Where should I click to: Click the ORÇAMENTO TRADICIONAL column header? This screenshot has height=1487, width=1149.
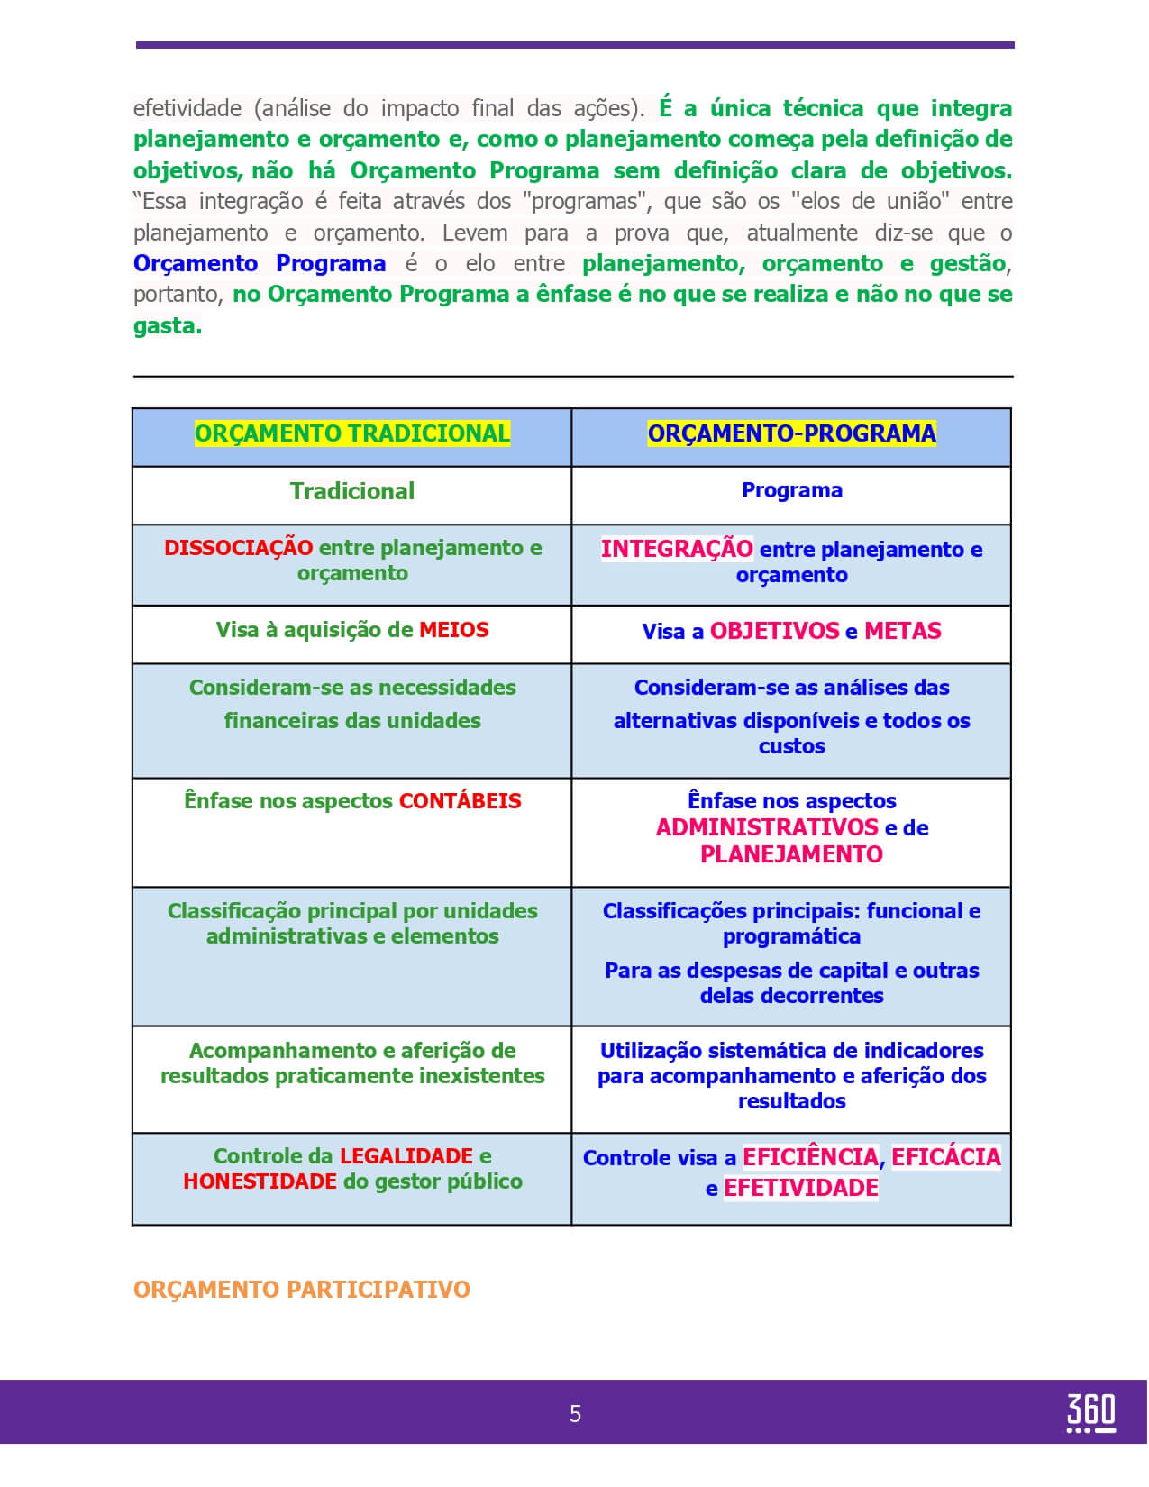coord(352,433)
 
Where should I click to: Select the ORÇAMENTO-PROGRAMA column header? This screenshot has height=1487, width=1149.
coord(791,433)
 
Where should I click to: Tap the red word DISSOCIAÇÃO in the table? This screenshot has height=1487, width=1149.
coord(238,548)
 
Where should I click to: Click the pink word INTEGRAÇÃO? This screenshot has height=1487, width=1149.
coord(677,549)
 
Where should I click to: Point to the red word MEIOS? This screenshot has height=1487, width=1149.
coord(454,630)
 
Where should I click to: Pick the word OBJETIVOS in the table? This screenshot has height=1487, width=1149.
coord(774,631)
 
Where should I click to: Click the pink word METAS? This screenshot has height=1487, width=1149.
coord(902,631)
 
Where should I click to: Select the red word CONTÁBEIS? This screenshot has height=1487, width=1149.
coord(460,801)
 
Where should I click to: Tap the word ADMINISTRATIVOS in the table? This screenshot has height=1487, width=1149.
coord(767,827)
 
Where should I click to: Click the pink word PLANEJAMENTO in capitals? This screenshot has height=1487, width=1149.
coord(791,854)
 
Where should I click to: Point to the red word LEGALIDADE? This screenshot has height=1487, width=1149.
coord(406,1156)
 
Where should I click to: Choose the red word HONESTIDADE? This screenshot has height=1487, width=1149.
coord(260,1181)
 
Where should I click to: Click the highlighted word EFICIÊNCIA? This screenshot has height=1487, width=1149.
coord(810,1157)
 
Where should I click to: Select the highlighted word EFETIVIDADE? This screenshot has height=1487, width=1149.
coord(800,1188)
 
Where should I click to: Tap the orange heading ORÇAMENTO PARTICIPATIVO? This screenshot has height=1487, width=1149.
coord(301,1290)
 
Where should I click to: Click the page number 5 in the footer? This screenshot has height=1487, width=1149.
coord(575,1414)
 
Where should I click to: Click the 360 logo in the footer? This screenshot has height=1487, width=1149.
coord(1090,1412)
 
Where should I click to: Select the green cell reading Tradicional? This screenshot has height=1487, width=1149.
coord(352,491)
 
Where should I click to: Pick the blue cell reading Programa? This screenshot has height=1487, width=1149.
coord(791,490)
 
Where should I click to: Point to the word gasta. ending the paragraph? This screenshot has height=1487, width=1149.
coord(168,326)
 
